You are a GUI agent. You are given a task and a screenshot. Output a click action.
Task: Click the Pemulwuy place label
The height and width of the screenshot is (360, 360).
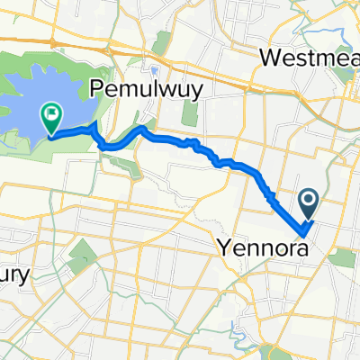click(x=146, y=88)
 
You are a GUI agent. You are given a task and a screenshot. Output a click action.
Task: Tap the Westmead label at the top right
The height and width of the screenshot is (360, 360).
click(x=310, y=58)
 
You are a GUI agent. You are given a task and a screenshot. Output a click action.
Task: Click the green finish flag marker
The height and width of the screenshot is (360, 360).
click(x=50, y=115)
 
